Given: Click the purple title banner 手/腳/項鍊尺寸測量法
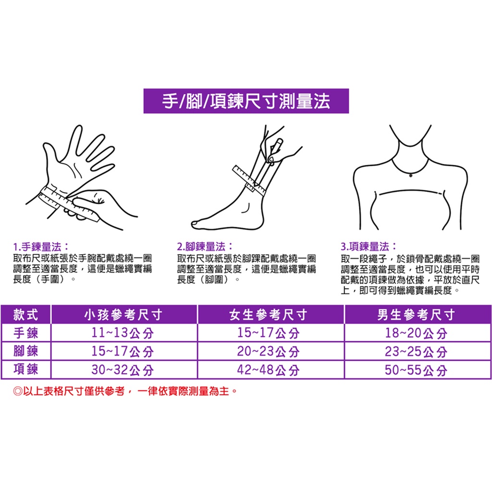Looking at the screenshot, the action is [x=246, y=101].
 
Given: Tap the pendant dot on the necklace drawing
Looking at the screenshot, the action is [x=411, y=176].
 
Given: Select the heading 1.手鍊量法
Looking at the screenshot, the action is [x=41, y=246].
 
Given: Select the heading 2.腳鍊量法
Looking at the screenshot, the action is [x=205, y=246].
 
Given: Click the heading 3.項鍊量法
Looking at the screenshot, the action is [x=369, y=246].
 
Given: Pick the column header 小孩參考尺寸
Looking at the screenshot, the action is [x=123, y=314].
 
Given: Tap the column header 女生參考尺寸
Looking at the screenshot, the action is [x=269, y=314].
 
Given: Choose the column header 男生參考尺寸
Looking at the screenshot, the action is [x=416, y=314].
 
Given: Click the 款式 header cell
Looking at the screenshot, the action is [x=26, y=314].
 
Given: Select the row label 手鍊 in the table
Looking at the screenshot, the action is [x=26, y=333].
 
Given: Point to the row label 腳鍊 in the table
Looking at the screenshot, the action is [x=26, y=351].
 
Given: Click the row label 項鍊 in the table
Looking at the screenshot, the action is [x=26, y=369].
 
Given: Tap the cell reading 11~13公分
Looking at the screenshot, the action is [x=123, y=333].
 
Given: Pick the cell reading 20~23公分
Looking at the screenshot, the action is [x=268, y=351].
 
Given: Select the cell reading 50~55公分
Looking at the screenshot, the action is [x=416, y=370].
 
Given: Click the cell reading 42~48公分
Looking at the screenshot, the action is [x=268, y=370].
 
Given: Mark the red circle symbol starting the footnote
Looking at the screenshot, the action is [x=18, y=391].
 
